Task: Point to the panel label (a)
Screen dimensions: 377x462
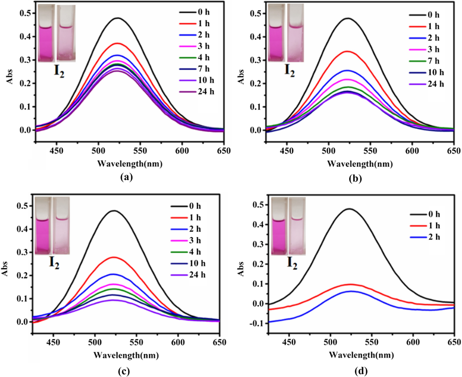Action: pyautogui.click(x=127, y=176)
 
